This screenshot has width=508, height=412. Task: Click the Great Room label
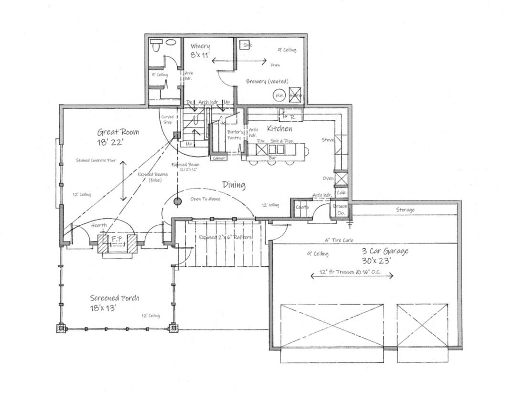point(118,132)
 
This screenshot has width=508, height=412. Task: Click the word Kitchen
point(280,129)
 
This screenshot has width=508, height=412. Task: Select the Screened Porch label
point(115,298)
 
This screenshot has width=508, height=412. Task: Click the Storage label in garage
point(405,210)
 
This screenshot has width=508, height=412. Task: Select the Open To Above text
point(205,199)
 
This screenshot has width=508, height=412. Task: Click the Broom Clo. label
point(339,209)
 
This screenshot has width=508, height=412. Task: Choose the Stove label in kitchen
point(327,140)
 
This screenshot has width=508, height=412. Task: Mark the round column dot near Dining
point(178,201)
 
